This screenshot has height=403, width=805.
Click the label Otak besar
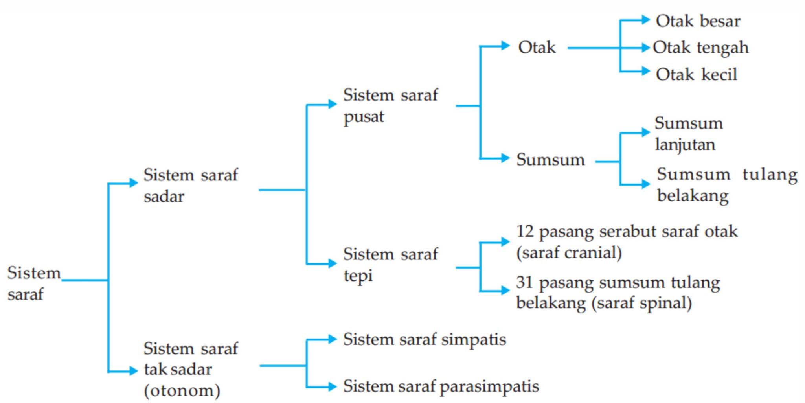pyautogui.click(x=698, y=21)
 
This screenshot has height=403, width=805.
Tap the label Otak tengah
pyautogui.click(x=700, y=48)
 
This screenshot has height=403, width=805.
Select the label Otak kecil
pyautogui.click(x=696, y=74)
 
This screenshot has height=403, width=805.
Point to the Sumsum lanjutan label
pyautogui.click(x=688, y=134)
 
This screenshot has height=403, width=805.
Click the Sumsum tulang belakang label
pyautogui.click(x=726, y=185)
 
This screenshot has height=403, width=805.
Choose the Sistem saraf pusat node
pyautogui.click(x=390, y=105)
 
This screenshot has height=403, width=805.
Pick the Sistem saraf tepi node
pyautogui.click(x=390, y=265)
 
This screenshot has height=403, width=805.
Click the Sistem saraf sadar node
pyautogui.click(x=191, y=185)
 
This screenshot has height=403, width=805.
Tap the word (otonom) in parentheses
pyautogui.click(x=182, y=390)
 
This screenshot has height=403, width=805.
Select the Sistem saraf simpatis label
pyautogui.click(x=425, y=339)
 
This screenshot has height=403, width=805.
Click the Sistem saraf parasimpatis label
pyautogui.click(x=441, y=386)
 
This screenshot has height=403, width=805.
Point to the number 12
pyautogui.click(x=525, y=231)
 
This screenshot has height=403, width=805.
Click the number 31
pyautogui.click(x=525, y=282)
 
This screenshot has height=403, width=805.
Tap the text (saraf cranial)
pyautogui.click(x=569, y=252)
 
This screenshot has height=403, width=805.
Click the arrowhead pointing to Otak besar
pyautogui.click(x=645, y=19)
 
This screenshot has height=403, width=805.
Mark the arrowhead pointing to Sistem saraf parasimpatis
pyautogui.click(x=332, y=386)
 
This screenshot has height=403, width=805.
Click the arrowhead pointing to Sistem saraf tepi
pyautogui.click(x=332, y=263)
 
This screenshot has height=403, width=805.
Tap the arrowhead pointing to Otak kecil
pyautogui.click(x=645, y=71)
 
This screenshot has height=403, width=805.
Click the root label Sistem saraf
pyautogui.click(x=34, y=283)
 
